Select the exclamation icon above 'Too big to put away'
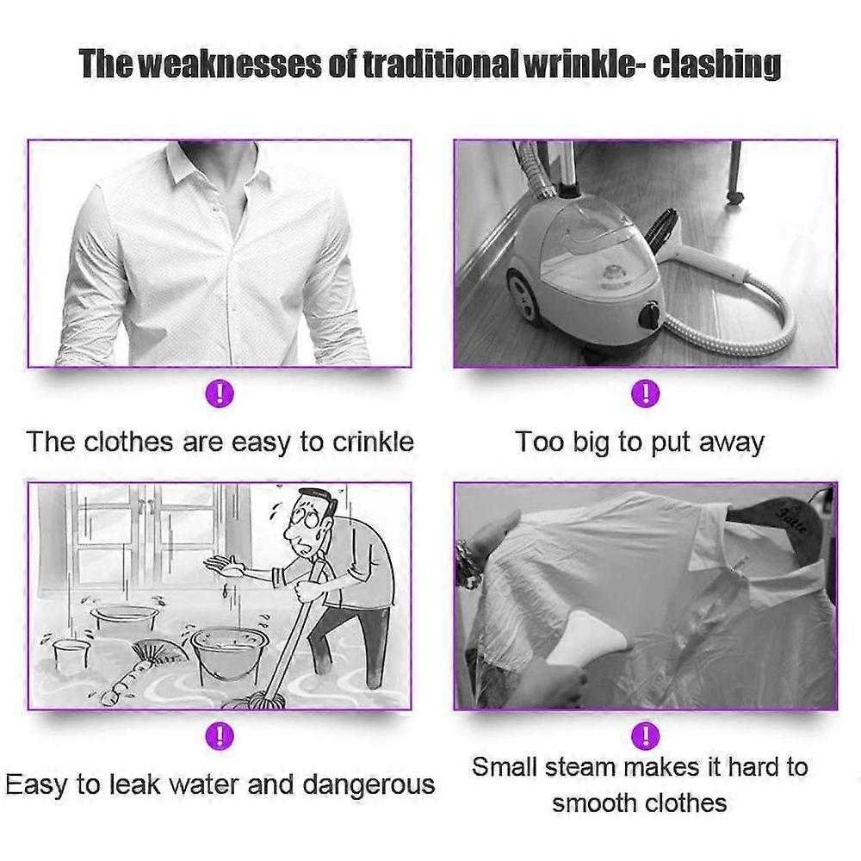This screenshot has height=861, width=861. [645, 393]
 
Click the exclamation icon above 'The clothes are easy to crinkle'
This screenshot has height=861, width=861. [220, 393]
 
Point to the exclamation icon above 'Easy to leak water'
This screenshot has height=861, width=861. [220, 735]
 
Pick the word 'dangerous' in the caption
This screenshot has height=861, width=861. [369, 784]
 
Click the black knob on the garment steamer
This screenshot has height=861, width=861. [650, 313]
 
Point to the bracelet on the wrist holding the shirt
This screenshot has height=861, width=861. [467, 563]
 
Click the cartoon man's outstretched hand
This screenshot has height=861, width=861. [225, 566]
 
